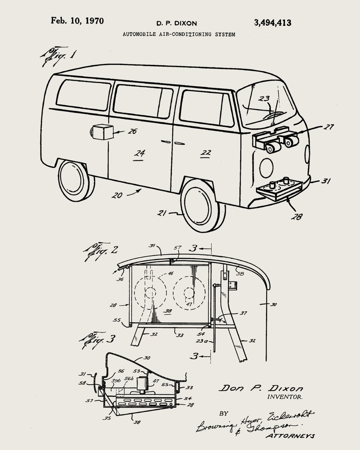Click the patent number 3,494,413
coord(272,23)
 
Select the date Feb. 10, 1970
coord(77,21)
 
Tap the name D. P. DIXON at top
coord(177,23)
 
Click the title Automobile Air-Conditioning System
coord(179,34)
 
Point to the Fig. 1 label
coord(59,56)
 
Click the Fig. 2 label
coord(101,250)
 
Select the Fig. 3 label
coord(98,339)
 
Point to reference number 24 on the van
coord(139,153)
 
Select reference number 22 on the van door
coord(206,153)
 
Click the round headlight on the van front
coord(266,168)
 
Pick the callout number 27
coord(328,127)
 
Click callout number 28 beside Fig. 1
coord(297,217)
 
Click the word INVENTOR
coord(284,397)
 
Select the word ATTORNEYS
coord(290,436)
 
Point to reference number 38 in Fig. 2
coord(168,311)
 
